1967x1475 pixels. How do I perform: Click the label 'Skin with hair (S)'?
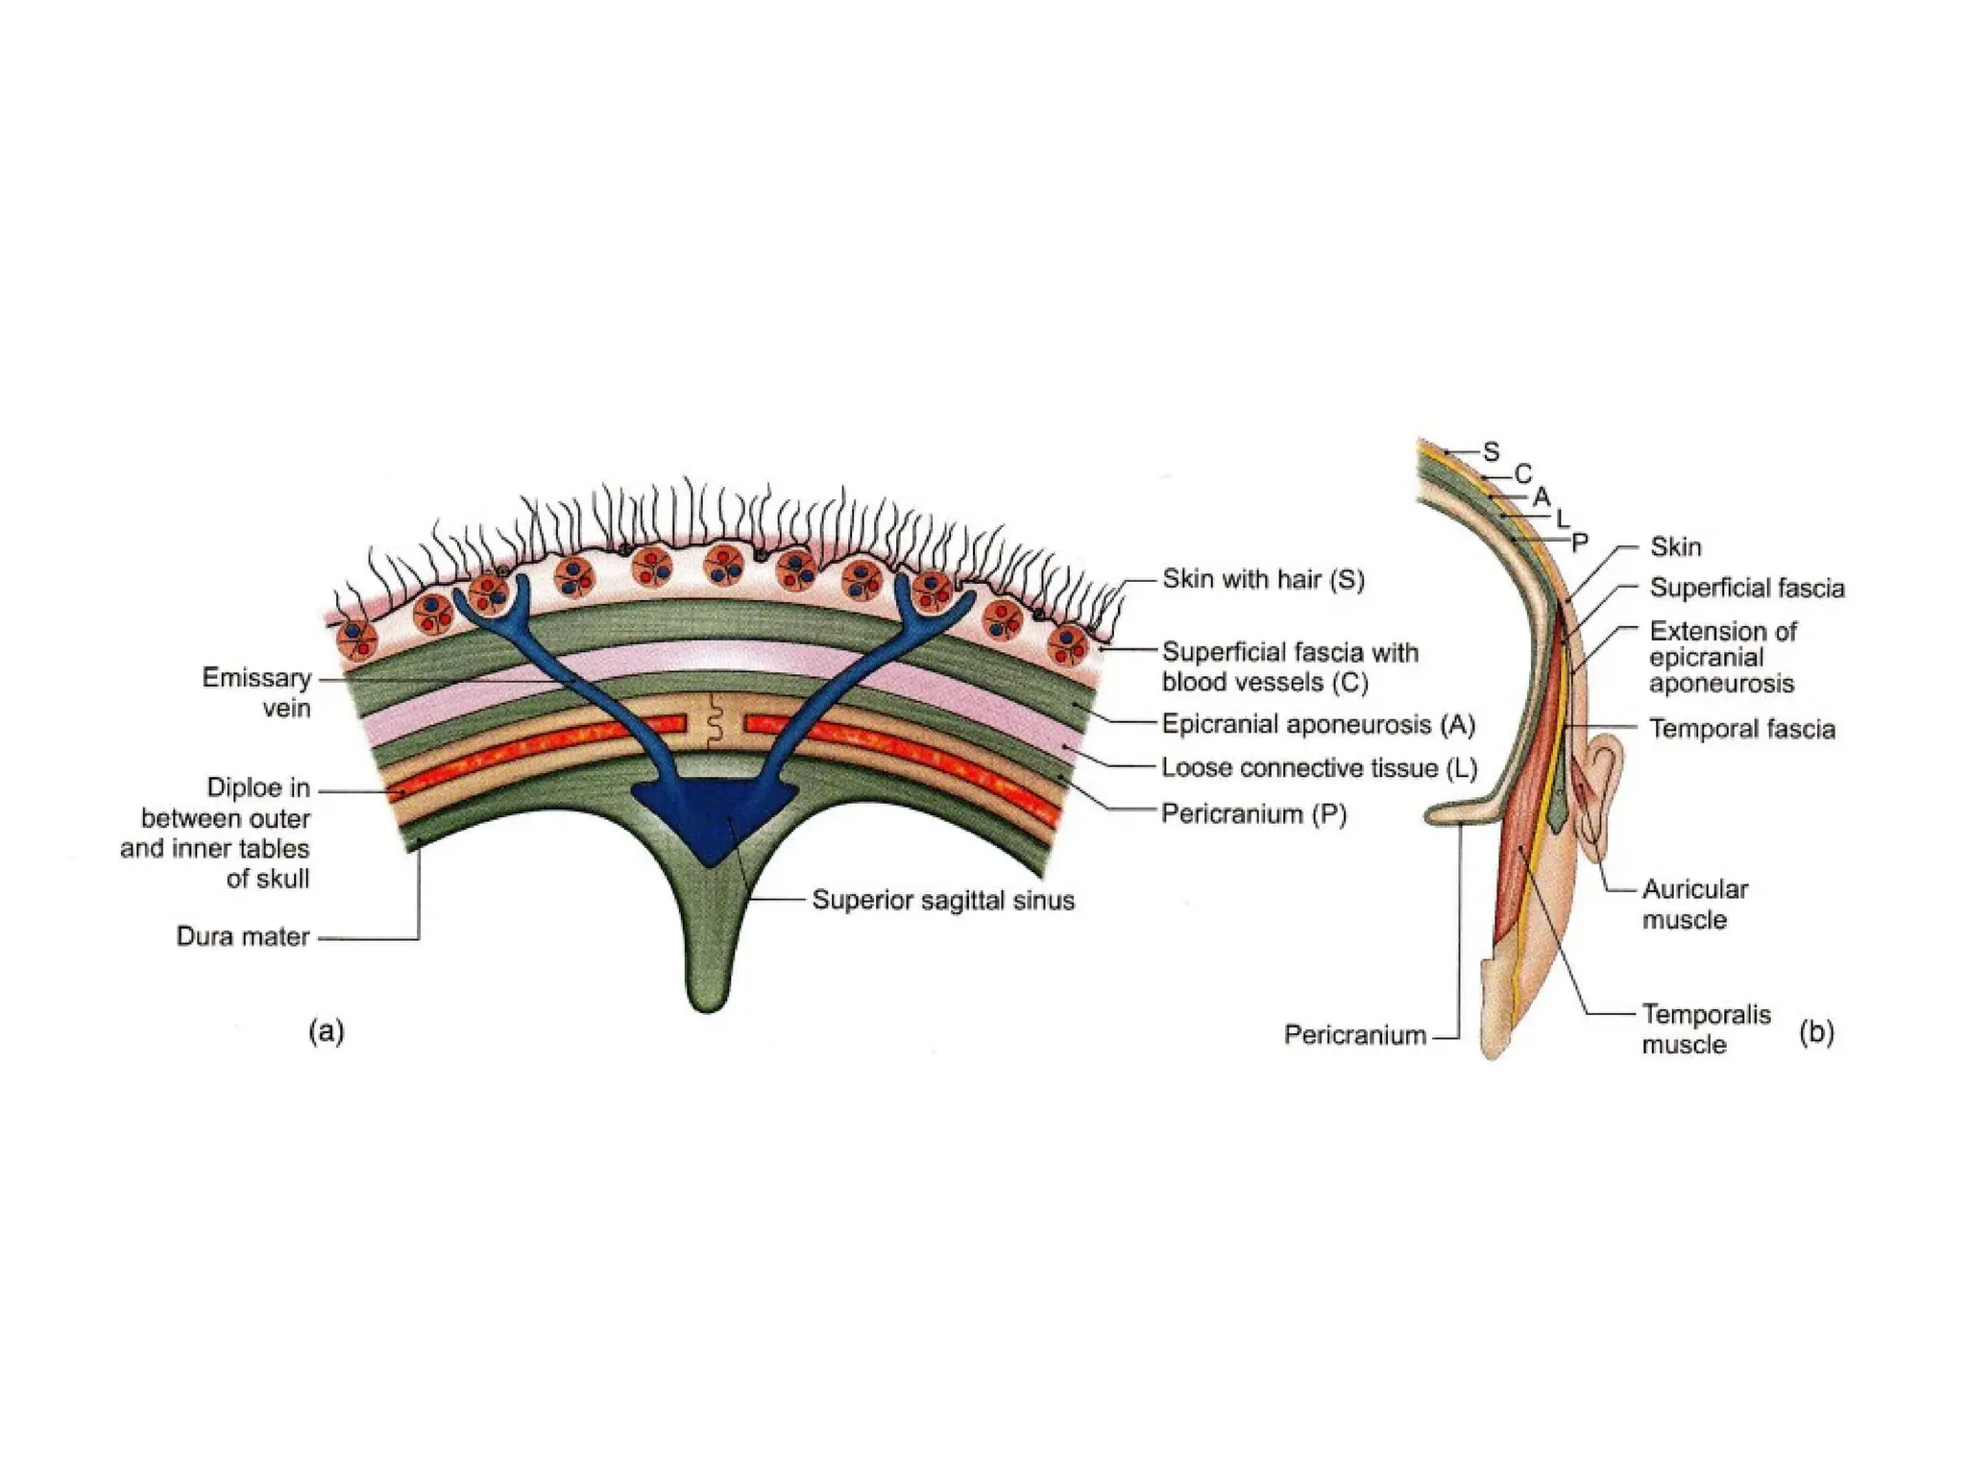(1263, 580)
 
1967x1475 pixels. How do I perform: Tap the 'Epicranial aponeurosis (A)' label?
(1318, 724)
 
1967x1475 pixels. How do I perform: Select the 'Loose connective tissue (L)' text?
(1319, 768)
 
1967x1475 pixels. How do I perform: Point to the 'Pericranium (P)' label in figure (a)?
(1253, 814)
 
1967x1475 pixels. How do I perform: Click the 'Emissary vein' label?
(257, 692)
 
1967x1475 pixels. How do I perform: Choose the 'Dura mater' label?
(243, 936)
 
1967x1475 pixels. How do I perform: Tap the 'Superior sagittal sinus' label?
(943, 901)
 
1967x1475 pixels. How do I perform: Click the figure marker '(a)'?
(327, 1031)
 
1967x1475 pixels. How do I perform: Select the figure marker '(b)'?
(1816, 1032)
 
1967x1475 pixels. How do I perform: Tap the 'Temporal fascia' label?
(1742, 730)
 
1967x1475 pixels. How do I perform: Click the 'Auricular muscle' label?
(1694, 904)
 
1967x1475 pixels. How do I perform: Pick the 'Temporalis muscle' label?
(1705, 1028)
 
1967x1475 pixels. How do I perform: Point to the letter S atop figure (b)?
(1491, 451)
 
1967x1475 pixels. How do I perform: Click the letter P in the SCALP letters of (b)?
(1580, 543)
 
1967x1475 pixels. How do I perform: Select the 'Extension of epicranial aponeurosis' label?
(1722, 658)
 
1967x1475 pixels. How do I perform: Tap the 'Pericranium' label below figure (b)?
(1355, 1035)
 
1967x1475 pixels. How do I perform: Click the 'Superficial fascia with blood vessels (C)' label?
(1290, 666)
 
